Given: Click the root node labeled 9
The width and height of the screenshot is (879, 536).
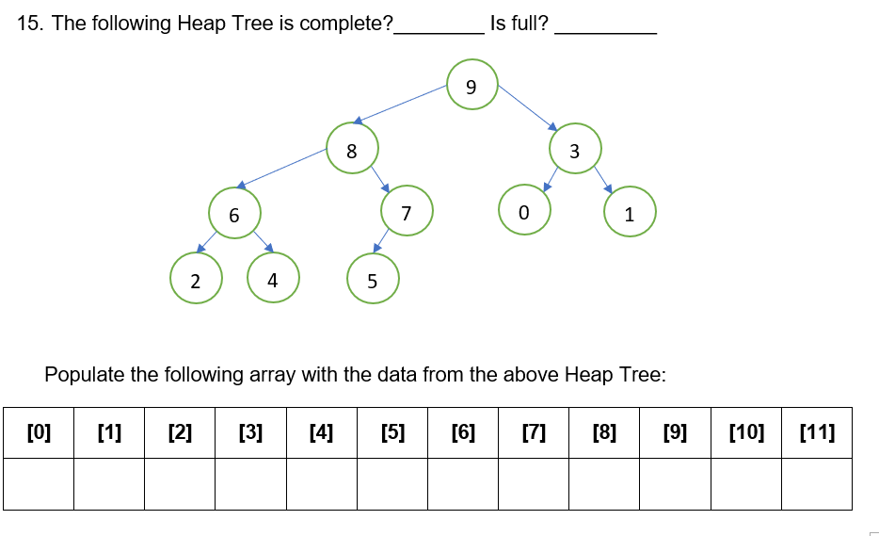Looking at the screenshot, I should pyautogui.click(x=471, y=86).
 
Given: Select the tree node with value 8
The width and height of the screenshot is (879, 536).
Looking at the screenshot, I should pyautogui.click(x=353, y=149).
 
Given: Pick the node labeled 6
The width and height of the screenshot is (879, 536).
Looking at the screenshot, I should pyautogui.click(x=234, y=214).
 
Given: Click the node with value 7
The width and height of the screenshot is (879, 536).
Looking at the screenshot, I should pyautogui.click(x=406, y=213).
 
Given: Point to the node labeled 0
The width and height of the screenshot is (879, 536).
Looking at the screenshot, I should pyautogui.click(x=525, y=213).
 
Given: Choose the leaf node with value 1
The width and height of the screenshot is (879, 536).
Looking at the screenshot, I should pyautogui.click(x=630, y=214).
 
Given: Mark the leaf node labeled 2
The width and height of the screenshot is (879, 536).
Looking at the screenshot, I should pyautogui.click(x=195, y=280).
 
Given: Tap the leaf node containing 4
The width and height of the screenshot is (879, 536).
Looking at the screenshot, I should pyautogui.click(x=273, y=279).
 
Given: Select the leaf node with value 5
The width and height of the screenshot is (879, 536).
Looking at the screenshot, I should pyautogui.click(x=373, y=280).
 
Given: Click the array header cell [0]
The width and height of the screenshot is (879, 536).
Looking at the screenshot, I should pyautogui.click(x=39, y=432).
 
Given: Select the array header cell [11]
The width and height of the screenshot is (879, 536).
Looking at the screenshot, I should pyautogui.click(x=816, y=432).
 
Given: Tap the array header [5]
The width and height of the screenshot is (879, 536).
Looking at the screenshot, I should pyautogui.click(x=392, y=432).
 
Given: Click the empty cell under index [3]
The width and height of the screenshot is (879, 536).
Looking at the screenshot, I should pyautogui.click(x=250, y=483).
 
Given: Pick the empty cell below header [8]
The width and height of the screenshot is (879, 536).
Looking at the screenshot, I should pyautogui.click(x=604, y=483).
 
